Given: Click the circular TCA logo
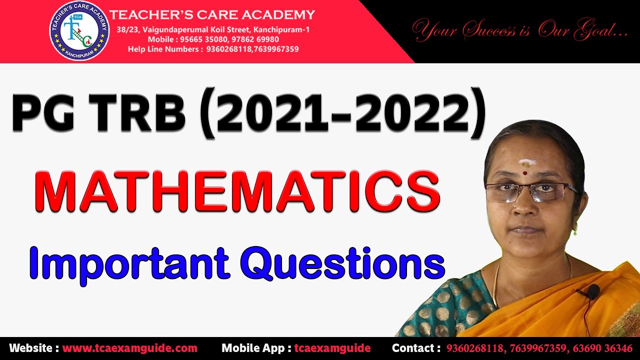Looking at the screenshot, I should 79,31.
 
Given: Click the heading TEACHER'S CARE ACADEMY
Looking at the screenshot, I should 212,14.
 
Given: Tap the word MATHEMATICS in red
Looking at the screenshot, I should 237,191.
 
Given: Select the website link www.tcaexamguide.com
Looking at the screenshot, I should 129,348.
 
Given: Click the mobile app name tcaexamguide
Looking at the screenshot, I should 332,348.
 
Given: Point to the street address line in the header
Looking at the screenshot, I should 213,30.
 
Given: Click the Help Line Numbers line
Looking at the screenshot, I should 213,49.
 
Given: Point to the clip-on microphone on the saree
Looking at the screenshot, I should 592,291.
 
